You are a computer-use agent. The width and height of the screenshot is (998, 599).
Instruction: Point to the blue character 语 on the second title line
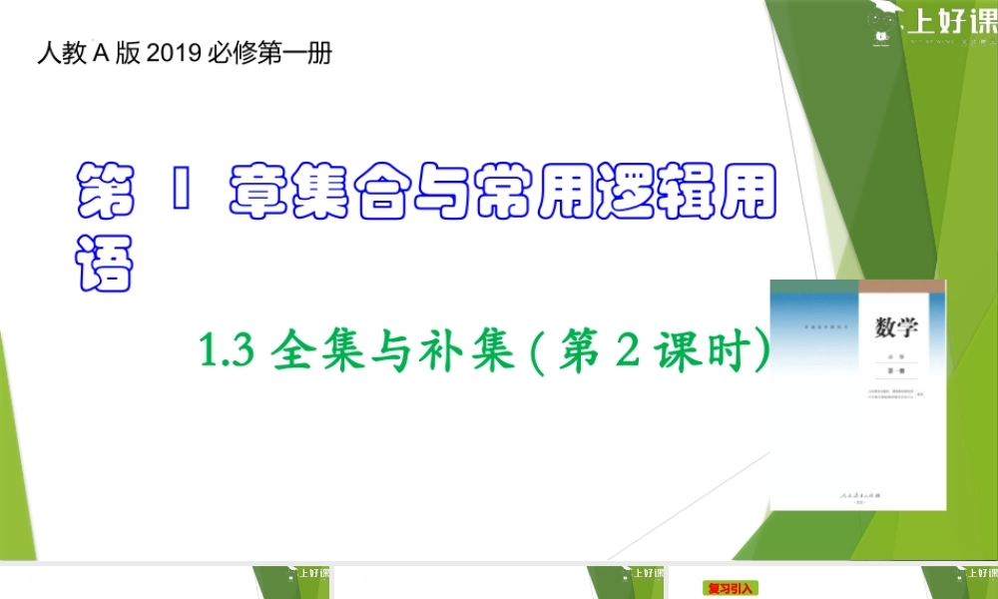point(105,263)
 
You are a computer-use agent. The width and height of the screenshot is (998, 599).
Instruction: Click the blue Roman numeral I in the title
point(181,191)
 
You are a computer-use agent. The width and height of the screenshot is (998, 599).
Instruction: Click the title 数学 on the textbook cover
point(896,326)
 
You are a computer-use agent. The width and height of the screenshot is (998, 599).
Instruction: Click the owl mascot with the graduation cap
point(881,24)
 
